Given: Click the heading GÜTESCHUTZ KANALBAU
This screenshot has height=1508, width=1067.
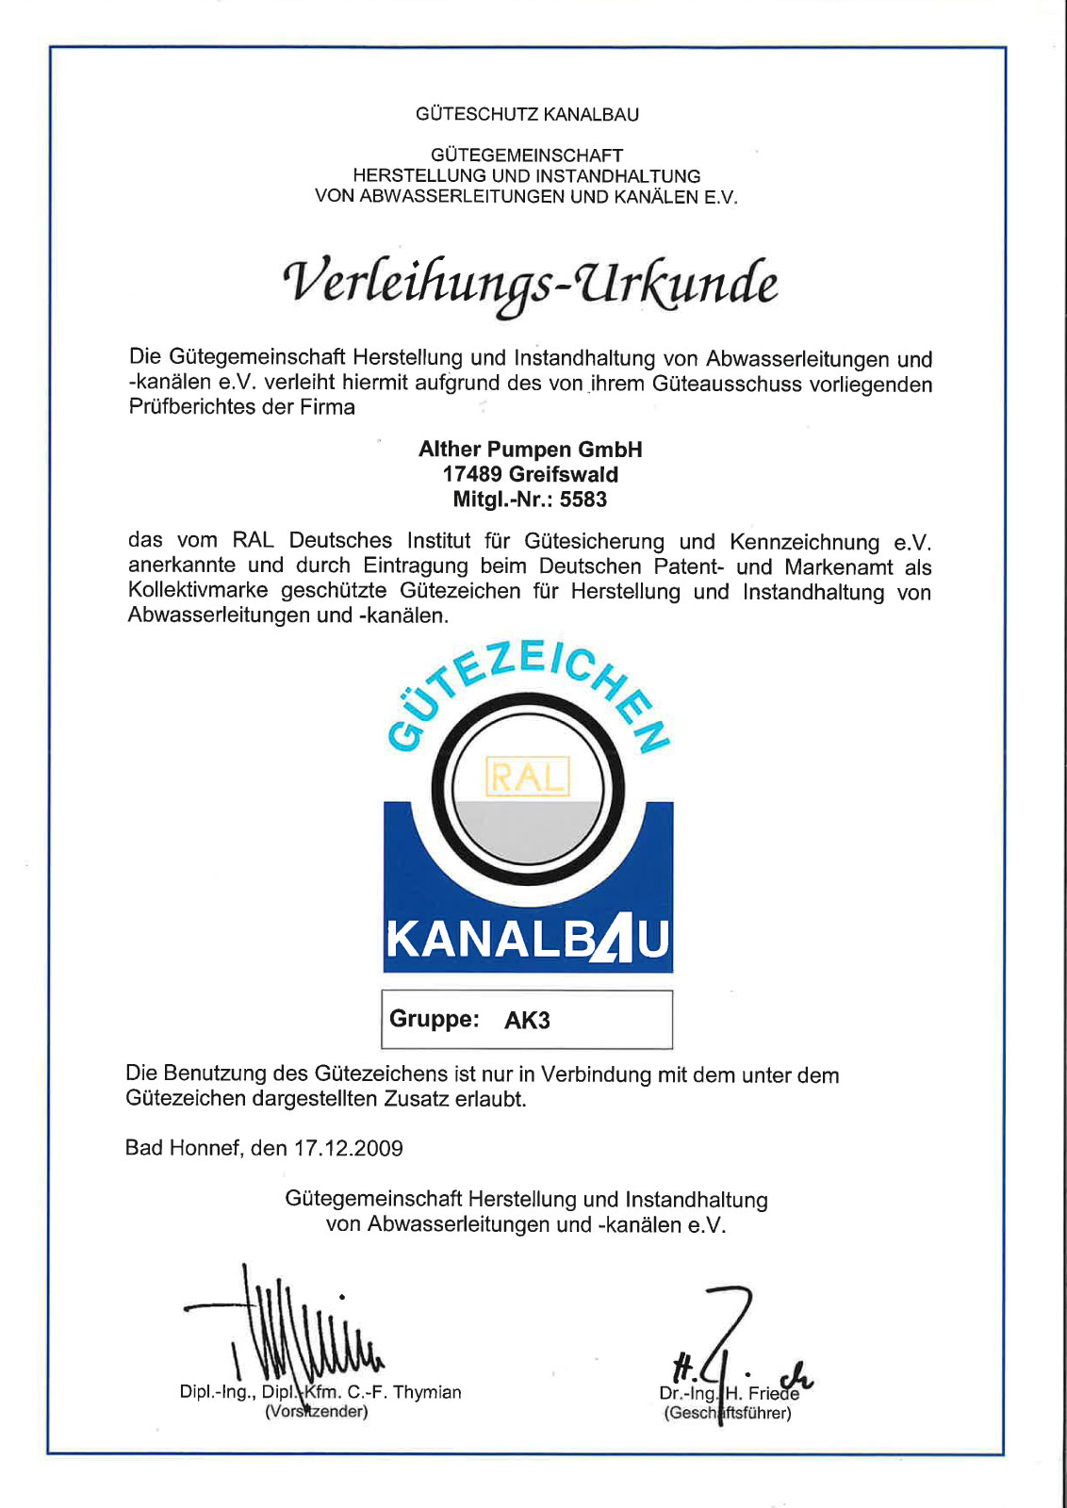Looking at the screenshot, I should tap(527, 115).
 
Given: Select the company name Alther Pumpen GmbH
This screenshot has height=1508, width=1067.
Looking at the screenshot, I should tap(530, 450).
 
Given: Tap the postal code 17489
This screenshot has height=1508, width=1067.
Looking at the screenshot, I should tap(472, 475).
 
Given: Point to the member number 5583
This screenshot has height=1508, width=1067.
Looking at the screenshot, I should tap(583, 500).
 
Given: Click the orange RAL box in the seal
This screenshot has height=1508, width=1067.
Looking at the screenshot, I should tap(527, 778).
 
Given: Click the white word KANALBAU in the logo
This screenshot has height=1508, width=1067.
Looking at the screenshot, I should tap(528, 940).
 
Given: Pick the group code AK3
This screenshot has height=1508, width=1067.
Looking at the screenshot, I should tap(527, 1021).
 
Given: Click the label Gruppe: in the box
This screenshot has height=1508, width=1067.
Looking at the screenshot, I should tap(435, 1020).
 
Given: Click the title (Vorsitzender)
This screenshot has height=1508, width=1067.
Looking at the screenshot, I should tap(316, 1412).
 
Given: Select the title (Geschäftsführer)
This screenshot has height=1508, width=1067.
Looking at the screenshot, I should tap(728, 1413).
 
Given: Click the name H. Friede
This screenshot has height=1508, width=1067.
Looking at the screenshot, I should tap(763, 1394).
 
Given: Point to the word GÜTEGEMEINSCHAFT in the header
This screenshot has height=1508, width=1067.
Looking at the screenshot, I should tap(527, 156).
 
